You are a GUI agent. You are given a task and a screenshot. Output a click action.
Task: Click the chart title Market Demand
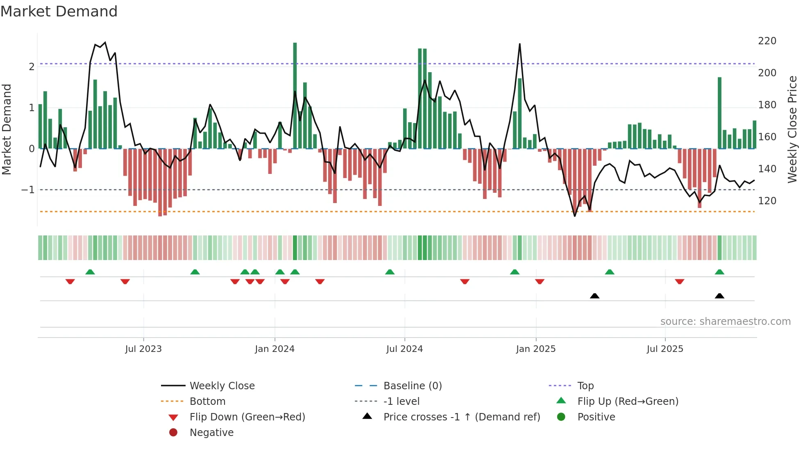(59, 11)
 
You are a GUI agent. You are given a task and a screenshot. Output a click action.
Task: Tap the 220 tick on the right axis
(767, 41)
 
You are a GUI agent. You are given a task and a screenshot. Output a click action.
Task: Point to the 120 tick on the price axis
(767, 201)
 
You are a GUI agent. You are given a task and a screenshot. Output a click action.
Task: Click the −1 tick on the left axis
(28, 190)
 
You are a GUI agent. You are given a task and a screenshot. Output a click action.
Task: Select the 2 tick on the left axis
(32, 67)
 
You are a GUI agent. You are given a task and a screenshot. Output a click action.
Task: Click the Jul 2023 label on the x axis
(143, 349)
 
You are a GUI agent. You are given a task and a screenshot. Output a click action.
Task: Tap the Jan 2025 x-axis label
(535, 349)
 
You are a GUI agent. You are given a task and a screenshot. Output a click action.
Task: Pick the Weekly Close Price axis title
(792, 129)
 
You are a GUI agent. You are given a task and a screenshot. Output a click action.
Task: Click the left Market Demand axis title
(7, 129)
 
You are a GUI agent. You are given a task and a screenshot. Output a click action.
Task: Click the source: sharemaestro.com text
(725, 322)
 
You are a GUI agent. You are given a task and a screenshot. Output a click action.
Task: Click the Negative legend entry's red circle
(173, 433)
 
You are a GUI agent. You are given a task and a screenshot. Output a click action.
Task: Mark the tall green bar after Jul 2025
(719, 113)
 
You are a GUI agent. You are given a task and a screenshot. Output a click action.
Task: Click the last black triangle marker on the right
(719, 296)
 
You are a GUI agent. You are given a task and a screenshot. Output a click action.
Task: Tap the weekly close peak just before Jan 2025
(519, 44)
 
